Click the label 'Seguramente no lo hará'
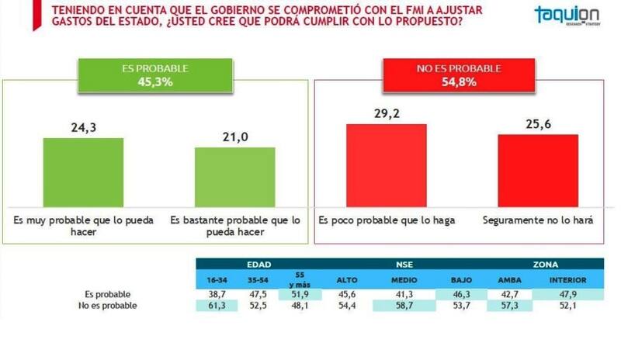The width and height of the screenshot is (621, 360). click(x=537, y=220)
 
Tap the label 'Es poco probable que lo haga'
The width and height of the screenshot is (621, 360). click(x=387, y=220)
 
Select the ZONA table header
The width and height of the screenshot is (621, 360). click(x=546, y=264)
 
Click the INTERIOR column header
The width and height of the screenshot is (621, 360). click(x=568, y=279)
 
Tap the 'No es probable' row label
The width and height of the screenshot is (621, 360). click(x=108, y=306)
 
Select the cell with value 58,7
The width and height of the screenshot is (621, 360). click(x=402, y=306)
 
